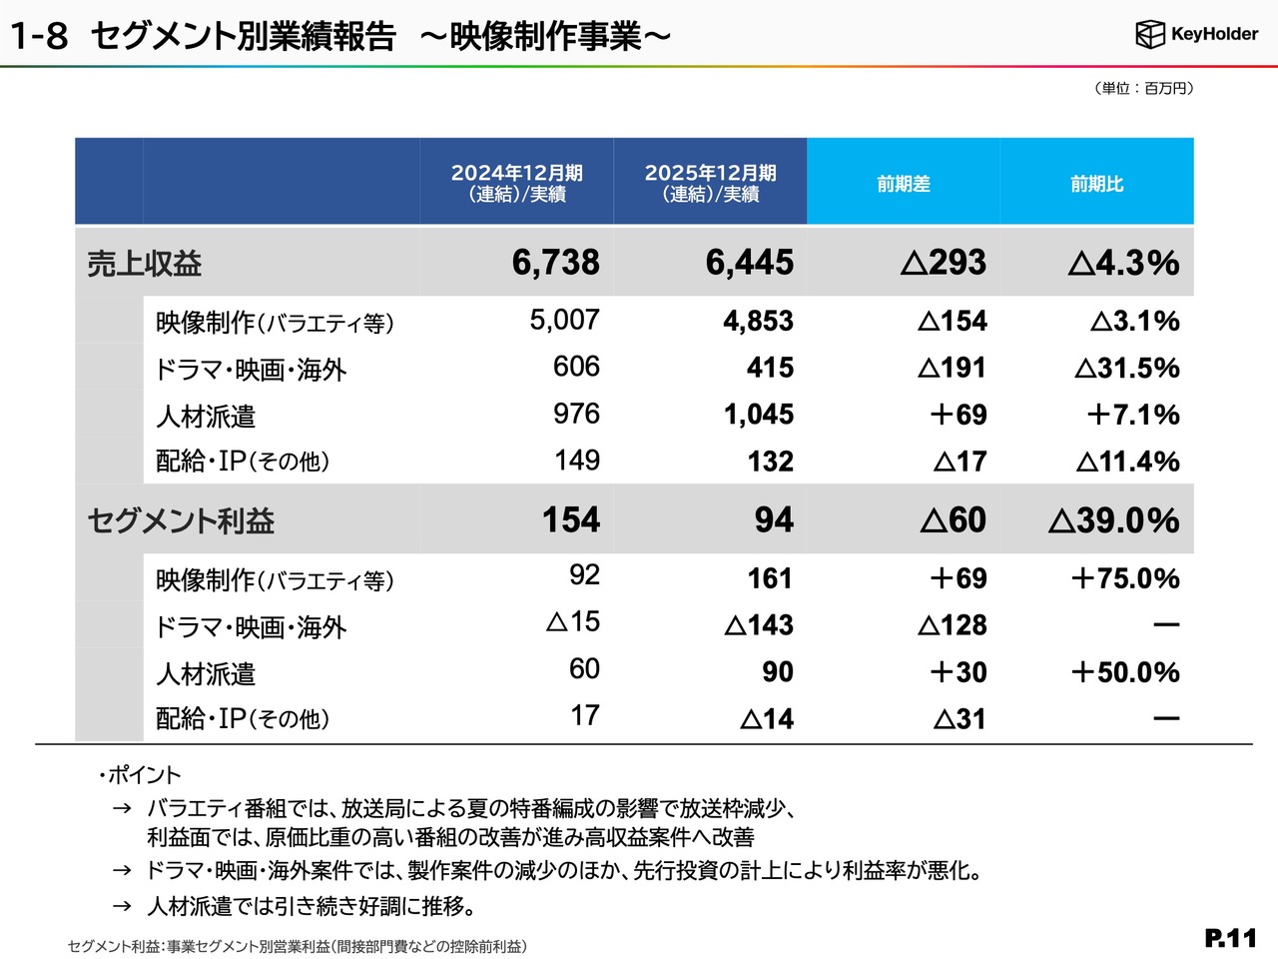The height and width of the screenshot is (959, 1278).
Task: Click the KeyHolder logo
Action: (x=1196, y=34)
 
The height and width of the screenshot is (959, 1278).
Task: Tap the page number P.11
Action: (x=1230, y=938)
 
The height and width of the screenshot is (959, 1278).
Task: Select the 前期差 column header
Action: (x=904, y=184)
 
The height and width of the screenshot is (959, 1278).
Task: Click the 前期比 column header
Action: (x=1096, y=184)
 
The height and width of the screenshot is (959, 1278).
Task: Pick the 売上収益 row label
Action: (x=145, y=264)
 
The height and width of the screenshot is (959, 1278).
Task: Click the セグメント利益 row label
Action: (x=181, y=520)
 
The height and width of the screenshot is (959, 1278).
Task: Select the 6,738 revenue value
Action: (x=555, y=263)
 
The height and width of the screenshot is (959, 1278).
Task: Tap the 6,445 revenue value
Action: (x=749, y=263)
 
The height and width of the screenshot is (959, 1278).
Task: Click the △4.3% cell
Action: (x=1123, y=263)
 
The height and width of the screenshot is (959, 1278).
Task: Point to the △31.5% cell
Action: (x=1127, y=369)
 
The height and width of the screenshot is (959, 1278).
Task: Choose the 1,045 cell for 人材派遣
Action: (x=758, y=415)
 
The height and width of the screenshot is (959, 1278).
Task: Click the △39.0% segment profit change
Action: (x=1113, y=520)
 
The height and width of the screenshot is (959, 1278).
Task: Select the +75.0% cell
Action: (x=1124, y=578)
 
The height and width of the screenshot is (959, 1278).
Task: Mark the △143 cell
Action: (x=759, y=625)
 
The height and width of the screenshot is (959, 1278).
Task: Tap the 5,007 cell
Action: (x=564, y=320)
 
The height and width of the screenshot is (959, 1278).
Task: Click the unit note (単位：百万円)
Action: (x=1143, y=88)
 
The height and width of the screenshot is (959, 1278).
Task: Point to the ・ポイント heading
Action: (x=140, y=775)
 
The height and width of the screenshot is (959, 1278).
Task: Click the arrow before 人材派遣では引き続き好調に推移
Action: (x=122, y=906)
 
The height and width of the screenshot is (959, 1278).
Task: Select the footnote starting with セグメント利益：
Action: (x=298, y=946)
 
